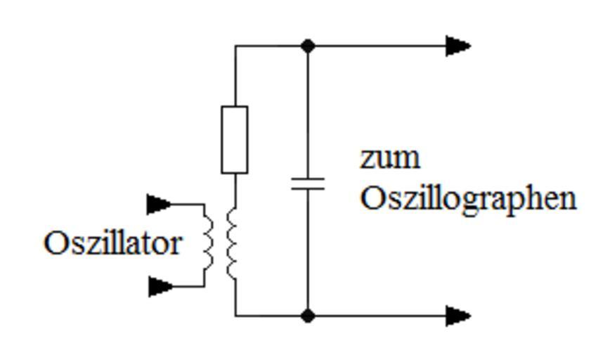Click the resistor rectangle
234,139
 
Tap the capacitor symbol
308,184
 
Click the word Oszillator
112,244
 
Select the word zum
390,158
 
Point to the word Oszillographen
468,199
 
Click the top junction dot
308,46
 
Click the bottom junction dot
308,316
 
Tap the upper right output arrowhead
458,46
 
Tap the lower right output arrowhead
458,316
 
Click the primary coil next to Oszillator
208,245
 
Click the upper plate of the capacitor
308,179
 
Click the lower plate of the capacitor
308,189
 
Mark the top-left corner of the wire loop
235,46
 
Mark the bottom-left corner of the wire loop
235,316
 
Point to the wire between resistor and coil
235,190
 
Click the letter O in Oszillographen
372,199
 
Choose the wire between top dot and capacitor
308,112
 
